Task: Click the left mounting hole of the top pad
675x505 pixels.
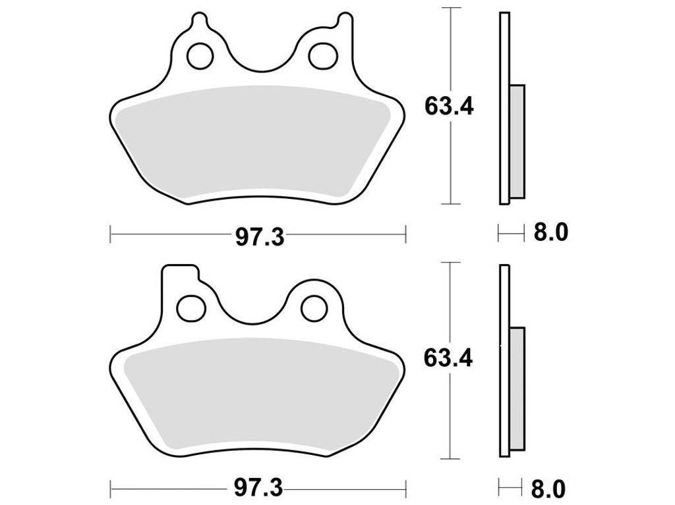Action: [x=200, y=56]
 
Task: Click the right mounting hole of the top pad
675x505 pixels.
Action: [x=323, y=56]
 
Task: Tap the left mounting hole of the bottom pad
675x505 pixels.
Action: [x=191, y=307]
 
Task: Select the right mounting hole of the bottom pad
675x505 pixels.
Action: [x=314, y=307]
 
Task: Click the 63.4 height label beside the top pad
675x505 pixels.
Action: [x=449, y=106]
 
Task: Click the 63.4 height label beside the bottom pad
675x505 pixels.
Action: [x=448, y=358]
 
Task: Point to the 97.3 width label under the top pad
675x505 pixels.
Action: [x=260, y=237]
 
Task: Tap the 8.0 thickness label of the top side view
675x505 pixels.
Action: [x=551, y=232]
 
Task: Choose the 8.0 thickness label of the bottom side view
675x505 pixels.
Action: [x=548, y=489]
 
